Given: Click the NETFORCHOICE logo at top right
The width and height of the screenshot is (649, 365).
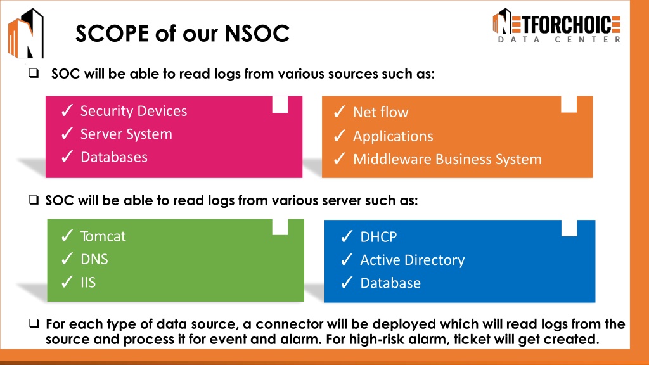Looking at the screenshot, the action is tap(556, 25).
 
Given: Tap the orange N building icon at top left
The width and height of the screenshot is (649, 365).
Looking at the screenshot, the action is tap(25, 33).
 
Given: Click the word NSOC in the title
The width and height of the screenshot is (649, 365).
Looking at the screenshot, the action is tap(257, 33).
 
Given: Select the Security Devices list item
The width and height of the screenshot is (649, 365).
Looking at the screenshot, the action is tap(133, 111).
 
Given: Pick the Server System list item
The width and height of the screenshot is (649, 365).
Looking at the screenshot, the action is tap(126, 134).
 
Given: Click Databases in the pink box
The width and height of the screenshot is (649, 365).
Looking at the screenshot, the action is tap(114, 157).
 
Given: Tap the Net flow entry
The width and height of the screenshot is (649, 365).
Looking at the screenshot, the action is tap(380, 112).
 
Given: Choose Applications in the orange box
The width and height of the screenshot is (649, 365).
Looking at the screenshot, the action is tap(393, 136).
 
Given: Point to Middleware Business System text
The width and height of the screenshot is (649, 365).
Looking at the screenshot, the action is tap(447, 159).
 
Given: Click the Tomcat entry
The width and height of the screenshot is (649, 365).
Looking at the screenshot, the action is tap(103, 236).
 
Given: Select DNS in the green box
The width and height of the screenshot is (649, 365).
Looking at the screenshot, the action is tap(94, 259).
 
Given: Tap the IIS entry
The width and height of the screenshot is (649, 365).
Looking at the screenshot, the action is tap(88, 283).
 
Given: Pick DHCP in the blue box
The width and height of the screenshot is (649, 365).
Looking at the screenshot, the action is tap(378, 237).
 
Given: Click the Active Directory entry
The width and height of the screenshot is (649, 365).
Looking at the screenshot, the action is tap(412, 260).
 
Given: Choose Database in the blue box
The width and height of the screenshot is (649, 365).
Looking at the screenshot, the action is tap(390, 283).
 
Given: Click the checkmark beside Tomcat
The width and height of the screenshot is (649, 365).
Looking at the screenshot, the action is tap(67, 236).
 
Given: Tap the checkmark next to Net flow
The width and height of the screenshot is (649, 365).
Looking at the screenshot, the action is tap(340, 112).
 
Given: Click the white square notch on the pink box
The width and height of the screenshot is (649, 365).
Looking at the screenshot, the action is tap(280, 105).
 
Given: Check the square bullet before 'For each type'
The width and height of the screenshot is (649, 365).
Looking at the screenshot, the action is tap(34, 323).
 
